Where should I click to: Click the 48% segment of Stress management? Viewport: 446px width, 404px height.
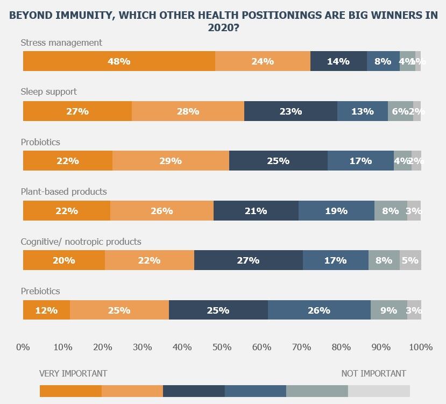(x=119, y=61)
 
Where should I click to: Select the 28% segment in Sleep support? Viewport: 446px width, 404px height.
(x=188, y=111)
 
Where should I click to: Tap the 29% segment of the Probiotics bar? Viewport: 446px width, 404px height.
(x=171, y=161)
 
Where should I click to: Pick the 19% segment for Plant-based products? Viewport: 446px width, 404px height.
(x=336, y=211)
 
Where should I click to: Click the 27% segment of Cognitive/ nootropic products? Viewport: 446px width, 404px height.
(x=248, y=260)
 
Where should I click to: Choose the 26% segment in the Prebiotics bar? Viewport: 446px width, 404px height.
(x=319, y=310)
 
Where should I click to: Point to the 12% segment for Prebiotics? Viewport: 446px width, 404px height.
(x=46, y=310)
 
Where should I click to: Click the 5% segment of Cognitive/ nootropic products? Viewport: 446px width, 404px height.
(x=410, y=260)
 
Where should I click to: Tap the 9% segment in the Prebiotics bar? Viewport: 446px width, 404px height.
(x=388, y=310)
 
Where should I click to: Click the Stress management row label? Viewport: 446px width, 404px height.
(x=61, y=42)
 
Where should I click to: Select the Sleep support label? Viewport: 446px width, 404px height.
(x=49, y=92)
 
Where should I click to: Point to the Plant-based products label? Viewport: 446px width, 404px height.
(x=63, y=192)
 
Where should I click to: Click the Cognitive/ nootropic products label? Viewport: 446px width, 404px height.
(x=81, y=242)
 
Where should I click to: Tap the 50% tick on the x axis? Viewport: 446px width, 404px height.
(x=222, y=348)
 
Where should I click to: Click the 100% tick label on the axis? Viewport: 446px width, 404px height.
(x=421, y=348)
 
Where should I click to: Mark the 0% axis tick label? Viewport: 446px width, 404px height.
(x=23, y=348)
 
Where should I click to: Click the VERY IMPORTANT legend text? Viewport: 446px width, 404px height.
(x=73, y=373)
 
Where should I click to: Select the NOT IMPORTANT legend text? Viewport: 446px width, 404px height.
(x=373, y=373)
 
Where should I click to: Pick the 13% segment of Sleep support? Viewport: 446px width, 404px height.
(x=362, y=111)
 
